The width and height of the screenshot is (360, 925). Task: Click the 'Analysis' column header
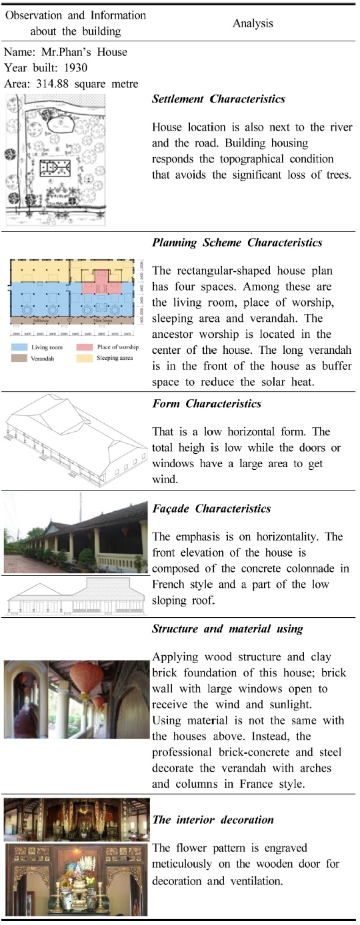coord(253,23)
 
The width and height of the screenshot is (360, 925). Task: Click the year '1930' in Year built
coord(79,67)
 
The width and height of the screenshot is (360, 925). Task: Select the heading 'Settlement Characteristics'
coord(218,99)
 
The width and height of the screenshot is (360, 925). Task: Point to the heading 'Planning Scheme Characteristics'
coord(237,243)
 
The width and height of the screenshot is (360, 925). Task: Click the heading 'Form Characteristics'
coord(207,404)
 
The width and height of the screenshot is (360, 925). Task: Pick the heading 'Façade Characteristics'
coord(211,509)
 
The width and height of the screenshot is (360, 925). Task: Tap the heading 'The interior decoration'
coord(213,820)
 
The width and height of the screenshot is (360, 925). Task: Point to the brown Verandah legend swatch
coord(19,358)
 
